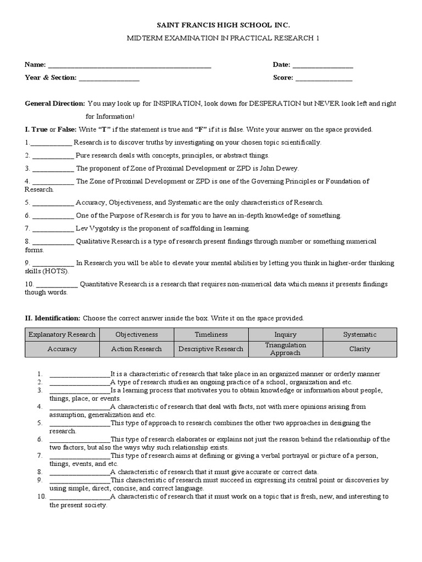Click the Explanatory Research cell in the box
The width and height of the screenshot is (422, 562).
[x=62, y=334]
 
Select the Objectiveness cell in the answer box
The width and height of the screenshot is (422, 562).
[x=137, y=334]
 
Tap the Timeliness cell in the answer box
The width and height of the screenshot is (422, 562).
[x=212, y=334]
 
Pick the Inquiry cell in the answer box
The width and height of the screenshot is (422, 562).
[x=285, y=334]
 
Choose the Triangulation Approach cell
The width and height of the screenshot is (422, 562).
[x=285, y=349]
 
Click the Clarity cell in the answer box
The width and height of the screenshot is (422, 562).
[x=359, y=349]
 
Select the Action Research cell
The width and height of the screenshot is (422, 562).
[x=137, y=349]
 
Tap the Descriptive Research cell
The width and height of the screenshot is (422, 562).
[x=212, y=349]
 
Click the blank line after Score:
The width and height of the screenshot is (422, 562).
[x=324, y=78]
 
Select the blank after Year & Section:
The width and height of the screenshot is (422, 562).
[x=109, y=78]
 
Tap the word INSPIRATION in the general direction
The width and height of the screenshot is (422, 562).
[x=177, y=103]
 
